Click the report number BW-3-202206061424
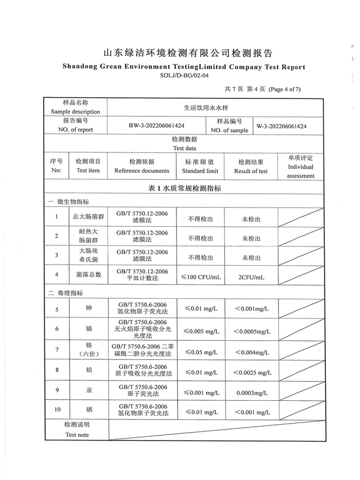click(156, 127)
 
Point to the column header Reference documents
click(142, 171)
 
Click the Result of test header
click(251, 171)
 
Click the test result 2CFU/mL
click(251, 277)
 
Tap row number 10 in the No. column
click(57, 410)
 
